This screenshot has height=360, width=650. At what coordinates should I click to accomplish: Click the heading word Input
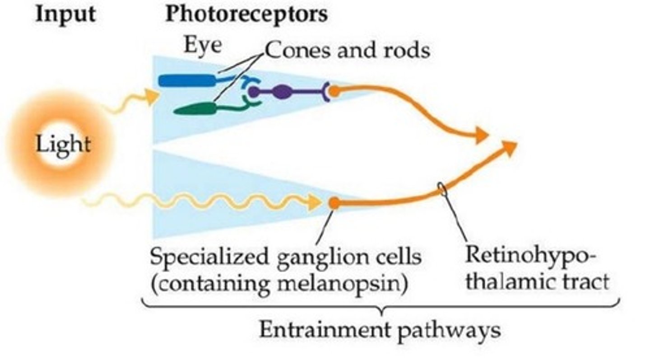click(x=65, y=14)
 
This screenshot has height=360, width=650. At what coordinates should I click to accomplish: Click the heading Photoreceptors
click(x=246, y=14)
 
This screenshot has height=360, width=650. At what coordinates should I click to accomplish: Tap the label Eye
click(x=202, y=46)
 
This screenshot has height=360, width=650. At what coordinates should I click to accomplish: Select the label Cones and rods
click(x=347, y=50)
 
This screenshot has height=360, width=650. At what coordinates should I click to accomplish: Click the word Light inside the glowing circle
click(x=63, y=145)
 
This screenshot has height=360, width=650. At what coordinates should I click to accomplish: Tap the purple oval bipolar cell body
click(x=282, y=92)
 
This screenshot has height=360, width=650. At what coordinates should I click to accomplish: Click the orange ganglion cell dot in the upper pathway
click(x=334, y=91)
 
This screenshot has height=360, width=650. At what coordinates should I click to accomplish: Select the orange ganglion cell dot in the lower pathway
click(x=334, y=203)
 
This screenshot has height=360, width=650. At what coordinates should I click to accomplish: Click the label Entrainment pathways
click(x=380, y=330)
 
